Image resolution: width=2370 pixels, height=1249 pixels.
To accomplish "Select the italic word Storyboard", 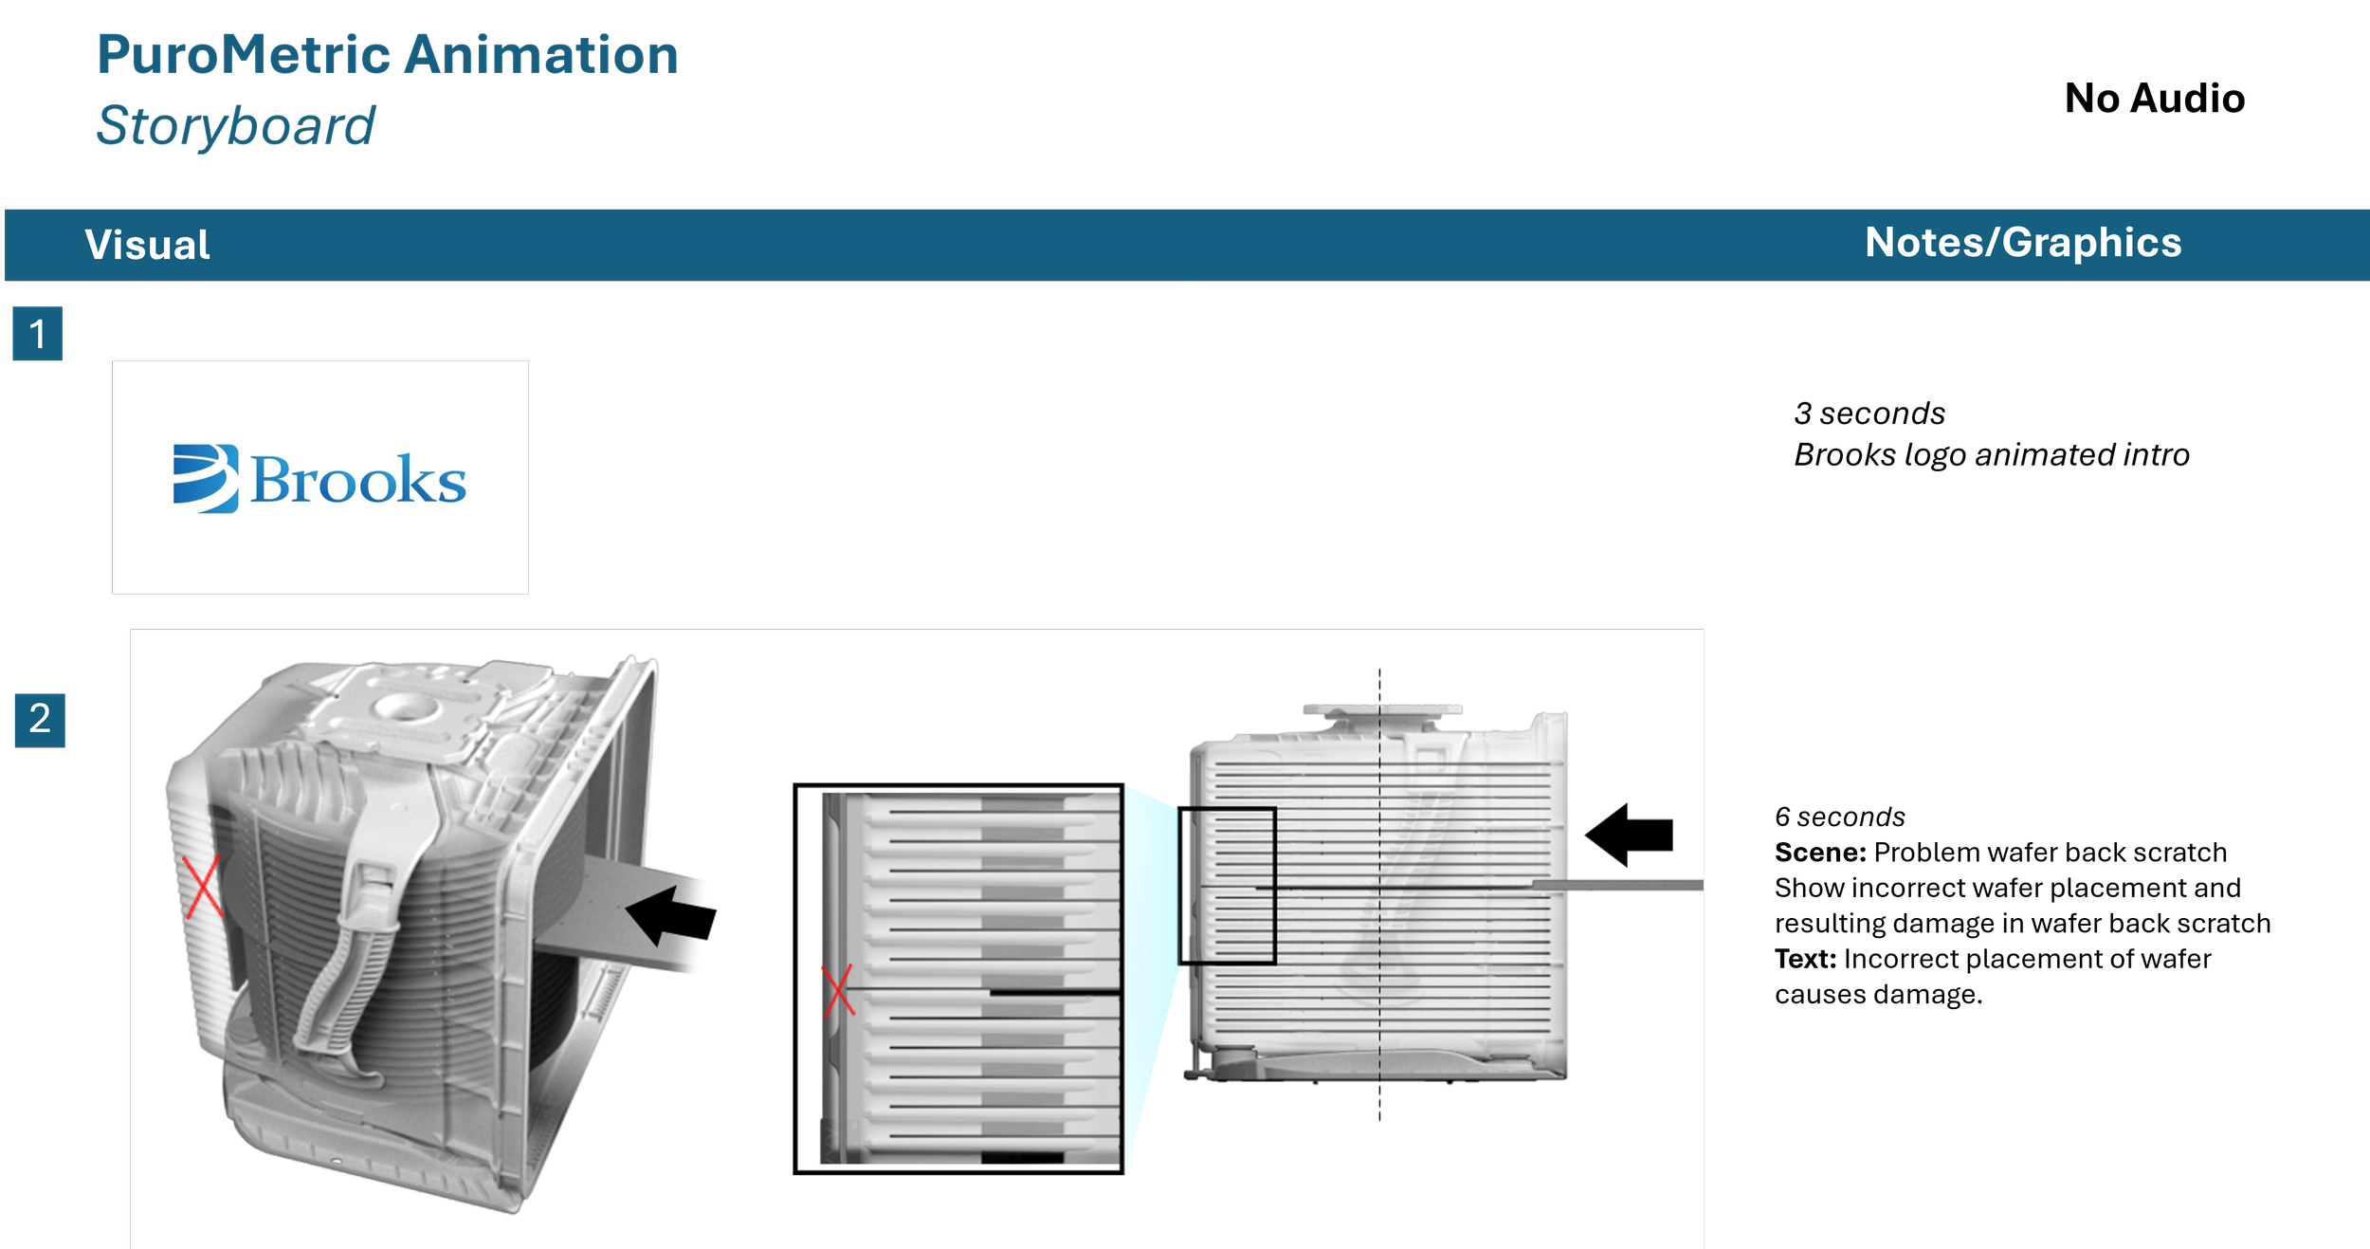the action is click(236, 125).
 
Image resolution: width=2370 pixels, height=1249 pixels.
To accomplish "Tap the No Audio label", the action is click(2154, 98).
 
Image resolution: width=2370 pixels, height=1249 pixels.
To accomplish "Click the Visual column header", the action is click(147, 245).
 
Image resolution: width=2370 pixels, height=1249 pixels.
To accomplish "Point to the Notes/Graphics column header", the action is click(2023, 243).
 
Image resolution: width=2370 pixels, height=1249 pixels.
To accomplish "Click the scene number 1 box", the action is click(37, 333).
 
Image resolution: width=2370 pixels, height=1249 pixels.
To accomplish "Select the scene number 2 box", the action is click(40, 720).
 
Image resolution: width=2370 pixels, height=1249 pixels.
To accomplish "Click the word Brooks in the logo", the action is click(358, 480).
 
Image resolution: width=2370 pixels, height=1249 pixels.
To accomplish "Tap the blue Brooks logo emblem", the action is click(206, 479).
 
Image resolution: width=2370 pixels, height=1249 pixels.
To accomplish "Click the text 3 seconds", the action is click(1869, 413).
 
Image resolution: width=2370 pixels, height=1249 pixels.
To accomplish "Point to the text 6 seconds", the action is click(1839, 817).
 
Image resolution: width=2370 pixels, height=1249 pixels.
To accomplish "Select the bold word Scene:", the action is click(1820, 853).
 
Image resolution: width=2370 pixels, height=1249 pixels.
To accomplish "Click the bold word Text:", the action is click(1805, 959).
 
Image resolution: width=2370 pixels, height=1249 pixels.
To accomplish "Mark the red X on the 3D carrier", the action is click(202, 887).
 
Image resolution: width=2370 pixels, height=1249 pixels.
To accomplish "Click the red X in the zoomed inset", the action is click(838, 991).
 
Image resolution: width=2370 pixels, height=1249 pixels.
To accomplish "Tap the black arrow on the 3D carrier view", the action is click(671, 916).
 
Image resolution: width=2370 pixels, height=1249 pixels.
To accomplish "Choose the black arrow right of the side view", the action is click(1629, 835).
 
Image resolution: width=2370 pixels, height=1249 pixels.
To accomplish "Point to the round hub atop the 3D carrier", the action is click(404, 706).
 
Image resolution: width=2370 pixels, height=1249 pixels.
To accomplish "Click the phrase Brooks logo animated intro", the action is click(1992, 455).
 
